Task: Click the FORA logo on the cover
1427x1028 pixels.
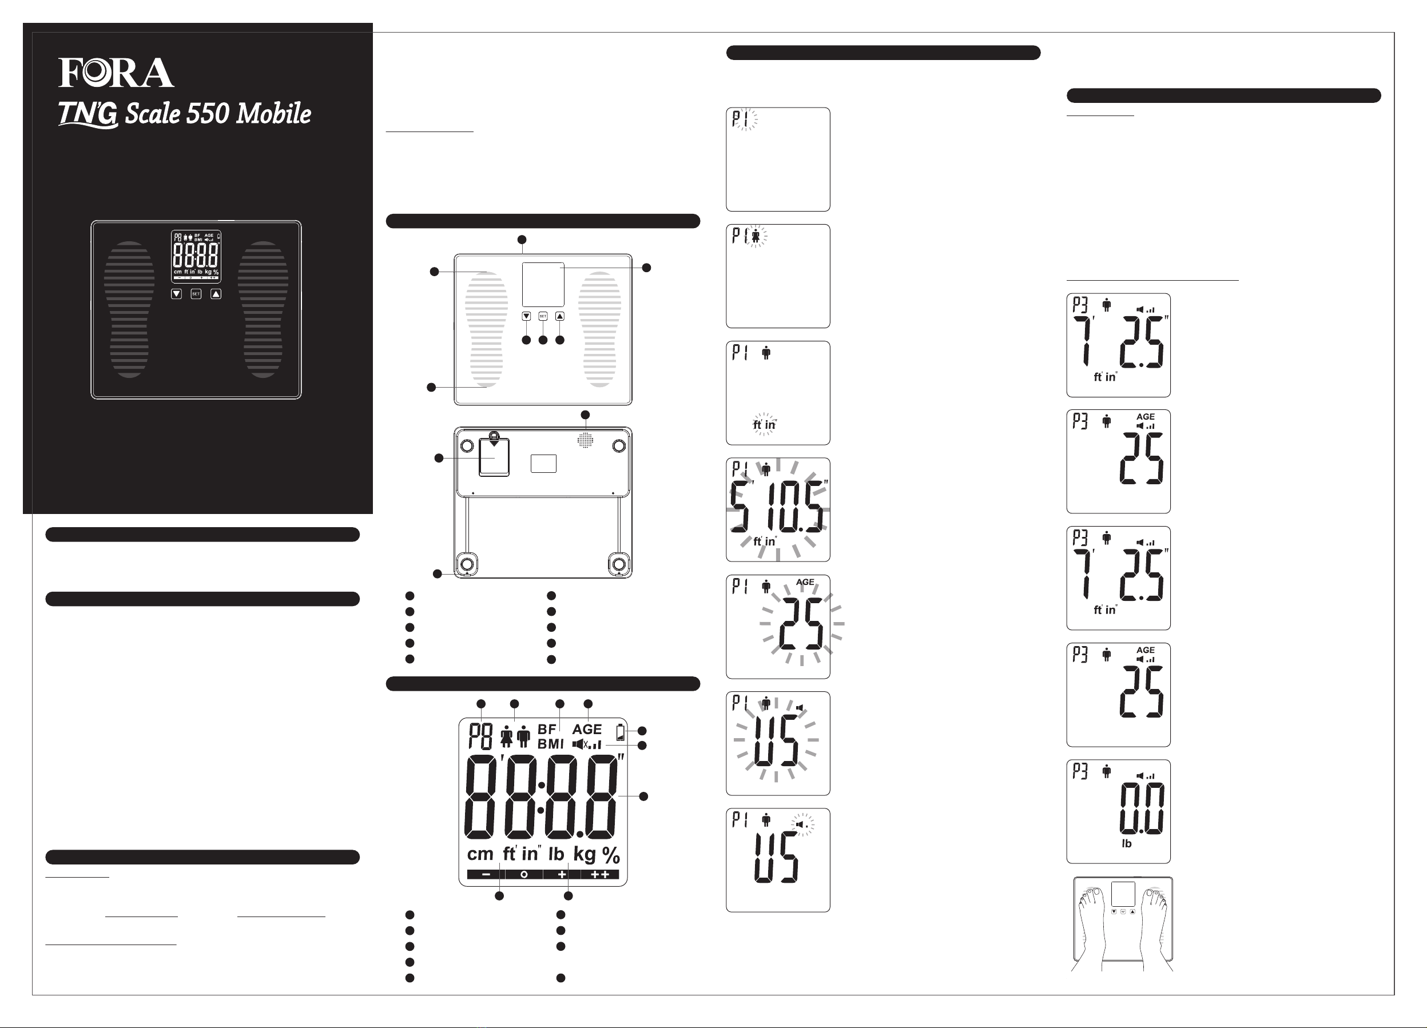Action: [117, 73]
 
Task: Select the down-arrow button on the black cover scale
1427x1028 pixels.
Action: [177, 294]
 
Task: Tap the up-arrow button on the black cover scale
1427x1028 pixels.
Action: [216, 294]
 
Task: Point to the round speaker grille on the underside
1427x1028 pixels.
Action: [585, 440]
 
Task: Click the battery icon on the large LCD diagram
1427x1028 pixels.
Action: [621, 732]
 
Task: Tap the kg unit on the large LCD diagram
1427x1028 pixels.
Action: [585, 854]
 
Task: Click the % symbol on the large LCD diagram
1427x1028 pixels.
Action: [611, 855]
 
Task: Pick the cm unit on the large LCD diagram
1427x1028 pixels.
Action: [480, 854]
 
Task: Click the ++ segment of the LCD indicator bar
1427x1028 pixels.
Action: [600, 875]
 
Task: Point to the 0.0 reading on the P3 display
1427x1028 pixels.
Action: [1142, 809]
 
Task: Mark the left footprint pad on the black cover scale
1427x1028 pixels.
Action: [130, 309]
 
